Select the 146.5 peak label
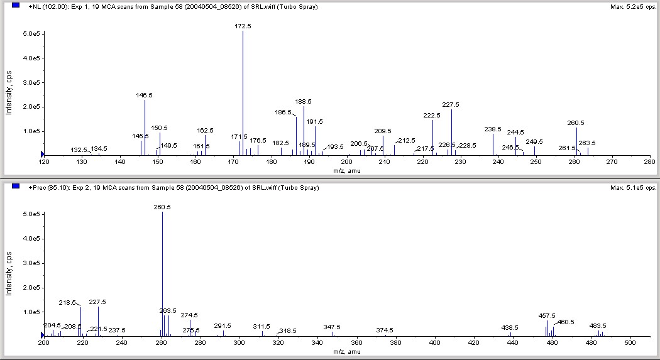pos(145,95)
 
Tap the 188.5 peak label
pos(304,101)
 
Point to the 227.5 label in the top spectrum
pos(451,105)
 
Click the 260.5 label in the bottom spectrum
pos(162,207)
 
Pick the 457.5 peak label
pos(547,315)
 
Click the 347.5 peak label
pos(332,327)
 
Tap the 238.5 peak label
pos(493,129)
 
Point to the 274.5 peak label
pos(189,315)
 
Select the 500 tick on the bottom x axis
pos(631,343)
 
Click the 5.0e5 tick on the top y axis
pos(31,33)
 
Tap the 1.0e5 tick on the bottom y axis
pos(31,312)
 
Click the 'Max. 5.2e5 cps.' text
pos(632,6)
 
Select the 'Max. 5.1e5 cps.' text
pos(632,187)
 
